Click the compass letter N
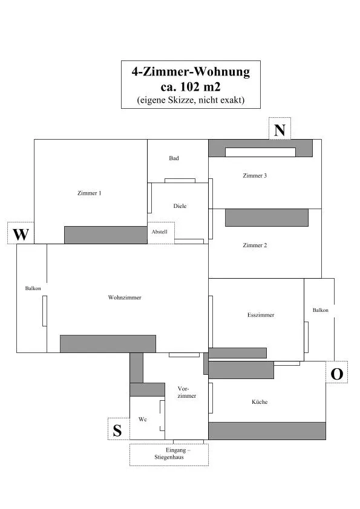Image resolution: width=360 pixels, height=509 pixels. [x=280, y=130]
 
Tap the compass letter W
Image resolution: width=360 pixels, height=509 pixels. [x=21, y=235]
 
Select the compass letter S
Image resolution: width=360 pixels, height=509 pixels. [x=117, y=430]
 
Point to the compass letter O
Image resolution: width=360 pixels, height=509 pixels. [x=336, y=374]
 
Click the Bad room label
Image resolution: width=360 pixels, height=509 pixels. [x=174, y=158]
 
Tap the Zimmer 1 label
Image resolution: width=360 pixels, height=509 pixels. [x=90, y=193]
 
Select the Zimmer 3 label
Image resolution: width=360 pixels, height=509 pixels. [x=255, y=176]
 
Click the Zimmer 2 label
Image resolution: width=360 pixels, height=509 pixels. [x=255, y=245]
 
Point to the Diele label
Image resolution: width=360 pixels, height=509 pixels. [x=180, y=206]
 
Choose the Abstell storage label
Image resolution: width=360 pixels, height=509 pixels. [x=160, y=232]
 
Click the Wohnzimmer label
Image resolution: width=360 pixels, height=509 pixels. [x=125, y=297]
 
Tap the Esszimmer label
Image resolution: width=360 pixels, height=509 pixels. [x=261, y=315]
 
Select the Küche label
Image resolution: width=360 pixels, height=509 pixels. [x=260, y=402]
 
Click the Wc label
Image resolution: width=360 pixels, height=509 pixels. [x=143, y=419]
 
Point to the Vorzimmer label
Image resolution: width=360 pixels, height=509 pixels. [x=187, y=392]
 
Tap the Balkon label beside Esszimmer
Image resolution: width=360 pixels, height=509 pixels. [x=320, y=310]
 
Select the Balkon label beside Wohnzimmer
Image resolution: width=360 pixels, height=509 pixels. [x=33, y=288]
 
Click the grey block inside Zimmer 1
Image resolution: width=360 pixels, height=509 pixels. [x=106, y=235]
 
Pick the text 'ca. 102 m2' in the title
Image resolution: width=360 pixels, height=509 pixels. [x=191, y=86]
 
